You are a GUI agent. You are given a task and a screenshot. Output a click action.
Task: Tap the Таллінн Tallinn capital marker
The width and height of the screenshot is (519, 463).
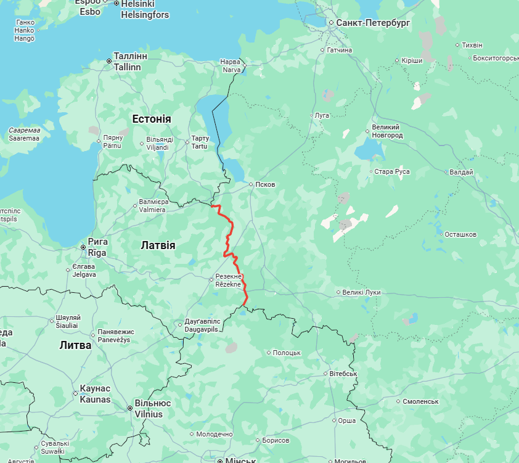click(109, 61)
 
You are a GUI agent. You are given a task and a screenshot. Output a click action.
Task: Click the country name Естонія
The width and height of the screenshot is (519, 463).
click(152, 119)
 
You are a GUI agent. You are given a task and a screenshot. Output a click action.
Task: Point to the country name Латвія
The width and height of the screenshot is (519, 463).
click(158, 245)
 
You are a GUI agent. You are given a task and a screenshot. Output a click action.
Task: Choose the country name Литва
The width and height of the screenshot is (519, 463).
click(75, 345)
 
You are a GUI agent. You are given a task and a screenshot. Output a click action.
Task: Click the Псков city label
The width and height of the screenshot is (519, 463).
click(265, 184)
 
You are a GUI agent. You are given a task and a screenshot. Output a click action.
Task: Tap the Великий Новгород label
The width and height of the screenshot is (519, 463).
click(387, 131)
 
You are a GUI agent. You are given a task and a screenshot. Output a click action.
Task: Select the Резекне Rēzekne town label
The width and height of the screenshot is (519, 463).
click(229, 281)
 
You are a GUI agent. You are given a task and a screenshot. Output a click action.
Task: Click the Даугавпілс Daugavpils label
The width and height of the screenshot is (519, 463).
click(202, 326)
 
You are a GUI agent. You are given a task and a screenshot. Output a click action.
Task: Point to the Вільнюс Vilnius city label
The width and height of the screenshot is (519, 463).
click(152, 408)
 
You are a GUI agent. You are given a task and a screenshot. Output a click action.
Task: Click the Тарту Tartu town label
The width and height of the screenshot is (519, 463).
click(200, 142)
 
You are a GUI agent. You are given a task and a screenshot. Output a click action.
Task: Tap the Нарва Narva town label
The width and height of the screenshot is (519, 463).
click(231, 66)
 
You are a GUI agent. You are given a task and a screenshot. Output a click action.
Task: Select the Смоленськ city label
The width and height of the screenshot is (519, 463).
click(420, 401)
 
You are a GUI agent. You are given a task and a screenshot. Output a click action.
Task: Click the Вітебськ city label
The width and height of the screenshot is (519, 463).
click(343, 374)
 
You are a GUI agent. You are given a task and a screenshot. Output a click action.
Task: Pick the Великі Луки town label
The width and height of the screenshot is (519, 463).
click(362, 292)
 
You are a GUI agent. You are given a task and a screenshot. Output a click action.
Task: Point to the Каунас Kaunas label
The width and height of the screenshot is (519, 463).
click(95, 394)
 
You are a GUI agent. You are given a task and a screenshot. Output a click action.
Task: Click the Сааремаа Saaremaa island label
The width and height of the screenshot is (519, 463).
click(24, 134)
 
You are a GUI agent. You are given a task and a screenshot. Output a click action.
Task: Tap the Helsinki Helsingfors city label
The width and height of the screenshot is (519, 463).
click(144, 9)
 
